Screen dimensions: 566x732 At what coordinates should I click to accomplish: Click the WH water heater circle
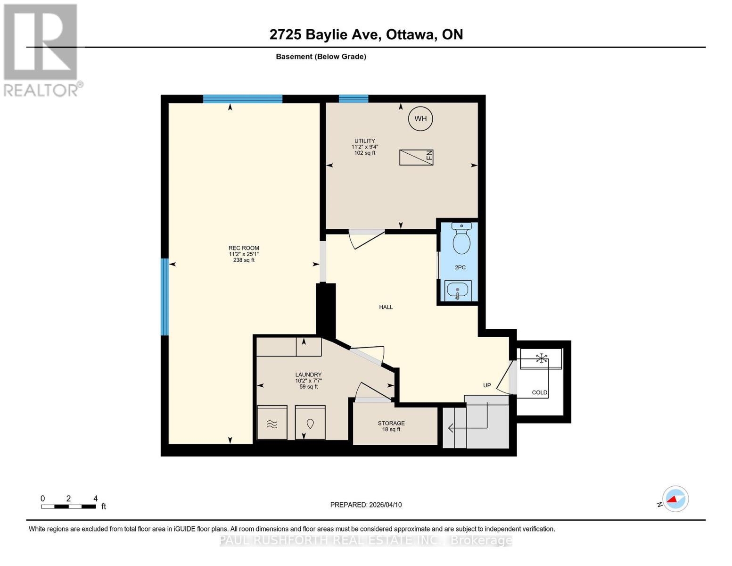420,118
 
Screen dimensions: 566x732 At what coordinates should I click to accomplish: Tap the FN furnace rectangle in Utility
416,158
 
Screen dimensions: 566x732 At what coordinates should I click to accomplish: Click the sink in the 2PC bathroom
458,290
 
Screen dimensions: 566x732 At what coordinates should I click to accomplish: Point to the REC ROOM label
244,248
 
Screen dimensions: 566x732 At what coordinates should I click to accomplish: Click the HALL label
386,307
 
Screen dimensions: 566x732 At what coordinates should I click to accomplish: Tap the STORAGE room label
391,423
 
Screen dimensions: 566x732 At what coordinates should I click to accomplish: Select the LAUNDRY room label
308,375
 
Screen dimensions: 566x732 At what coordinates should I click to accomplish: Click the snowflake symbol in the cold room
542,358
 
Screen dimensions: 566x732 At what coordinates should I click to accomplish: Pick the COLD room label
540,392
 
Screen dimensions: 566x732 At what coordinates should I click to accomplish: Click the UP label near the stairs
487,385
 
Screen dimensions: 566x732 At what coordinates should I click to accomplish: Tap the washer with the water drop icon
310,423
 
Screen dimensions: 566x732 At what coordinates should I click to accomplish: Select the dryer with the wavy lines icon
272,423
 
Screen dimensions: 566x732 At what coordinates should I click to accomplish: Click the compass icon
675,499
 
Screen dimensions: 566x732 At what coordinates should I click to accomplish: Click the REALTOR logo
41,50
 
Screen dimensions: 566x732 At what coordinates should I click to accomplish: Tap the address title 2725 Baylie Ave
366,34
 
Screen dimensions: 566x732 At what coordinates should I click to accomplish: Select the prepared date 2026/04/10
366,505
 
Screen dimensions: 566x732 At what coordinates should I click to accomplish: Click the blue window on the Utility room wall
354,99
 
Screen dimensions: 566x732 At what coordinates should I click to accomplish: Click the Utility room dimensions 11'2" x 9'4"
365,147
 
